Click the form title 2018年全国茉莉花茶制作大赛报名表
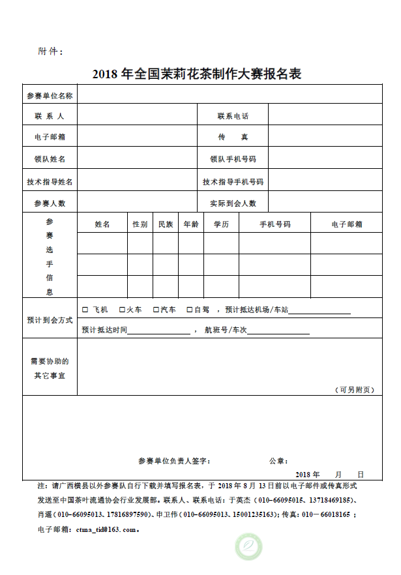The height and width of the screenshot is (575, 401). (x=196, y=74)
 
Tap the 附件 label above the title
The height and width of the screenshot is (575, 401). (x=51, y=52)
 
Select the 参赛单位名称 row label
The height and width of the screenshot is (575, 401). (x=50, y=95)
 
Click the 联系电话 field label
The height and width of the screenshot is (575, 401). (x=233, y=116)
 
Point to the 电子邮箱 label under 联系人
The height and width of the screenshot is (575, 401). (x=50, y=137)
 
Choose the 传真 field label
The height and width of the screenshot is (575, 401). (x=233, y=137)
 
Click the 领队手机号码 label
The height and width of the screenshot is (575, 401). (x=233, y=159)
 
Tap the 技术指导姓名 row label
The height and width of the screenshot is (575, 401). (x=50, y=181)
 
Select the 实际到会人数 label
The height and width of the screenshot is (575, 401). (x=233, y=203)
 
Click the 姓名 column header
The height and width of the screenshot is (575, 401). (x=102, y=224)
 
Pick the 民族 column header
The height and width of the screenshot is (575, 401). (x=166, y=224)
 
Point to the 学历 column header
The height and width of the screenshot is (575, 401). (x=221, y=224)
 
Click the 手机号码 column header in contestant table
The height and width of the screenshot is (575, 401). (x=275, y=224)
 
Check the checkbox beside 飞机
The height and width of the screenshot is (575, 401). (x=85, y=310)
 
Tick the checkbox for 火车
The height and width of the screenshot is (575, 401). (x=121, y=310)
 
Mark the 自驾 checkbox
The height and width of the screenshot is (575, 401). (x=189, y=310)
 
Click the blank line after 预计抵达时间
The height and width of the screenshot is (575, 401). (x=159, y=332)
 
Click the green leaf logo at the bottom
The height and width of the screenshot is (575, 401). (x=248, y=545)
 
